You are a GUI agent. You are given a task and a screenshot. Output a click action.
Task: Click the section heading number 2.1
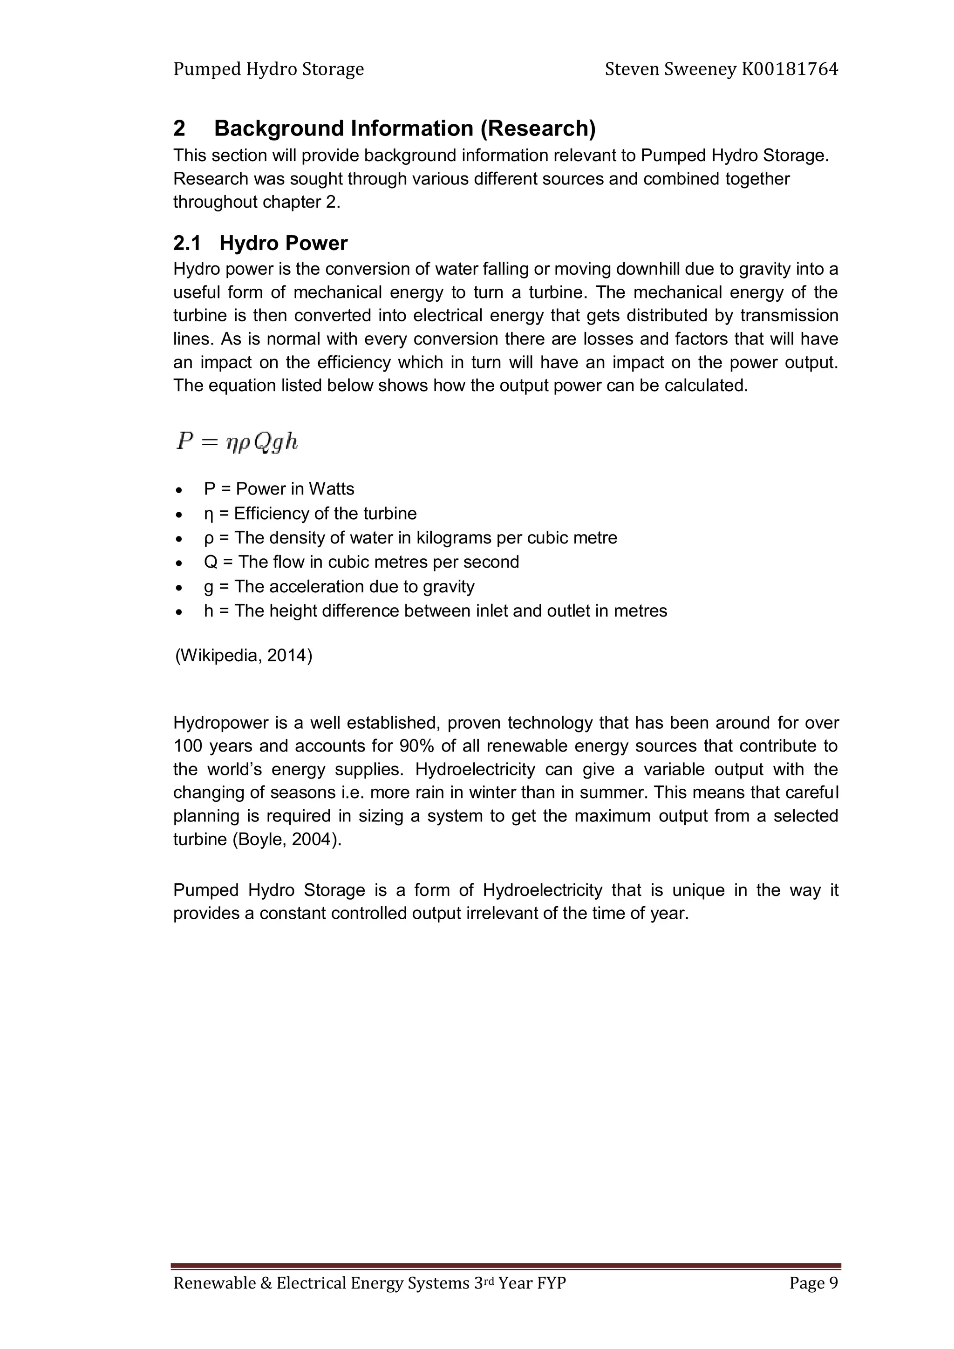click(x=187, y=243)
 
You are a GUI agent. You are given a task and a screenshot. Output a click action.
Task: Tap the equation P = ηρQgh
click(x=237, y=441)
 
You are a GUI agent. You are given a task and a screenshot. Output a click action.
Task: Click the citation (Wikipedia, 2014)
click(x=243, y=655)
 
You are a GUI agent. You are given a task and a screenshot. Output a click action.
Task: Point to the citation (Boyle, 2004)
click(x=287, y=839)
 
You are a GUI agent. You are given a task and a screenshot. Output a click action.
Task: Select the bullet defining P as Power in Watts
click(x=279, y=489)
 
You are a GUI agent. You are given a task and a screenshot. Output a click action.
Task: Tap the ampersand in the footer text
click(x=265, y=1300)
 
